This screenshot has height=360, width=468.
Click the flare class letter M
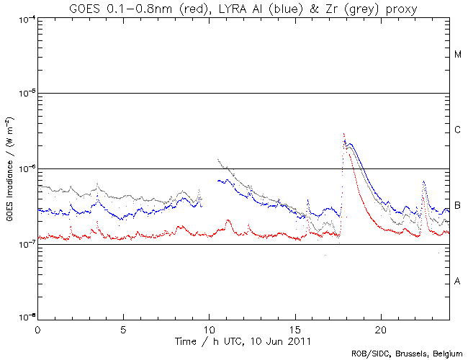pos(458,55)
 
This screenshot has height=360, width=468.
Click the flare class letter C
pos(458,130)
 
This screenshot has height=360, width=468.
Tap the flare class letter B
pos(458,206)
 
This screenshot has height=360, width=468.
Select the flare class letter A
pos(458,281)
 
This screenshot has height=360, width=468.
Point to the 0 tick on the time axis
pos(37,328)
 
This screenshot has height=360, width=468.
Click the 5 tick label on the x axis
pos(123,328)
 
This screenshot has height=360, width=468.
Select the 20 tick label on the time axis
pos(380,328)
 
